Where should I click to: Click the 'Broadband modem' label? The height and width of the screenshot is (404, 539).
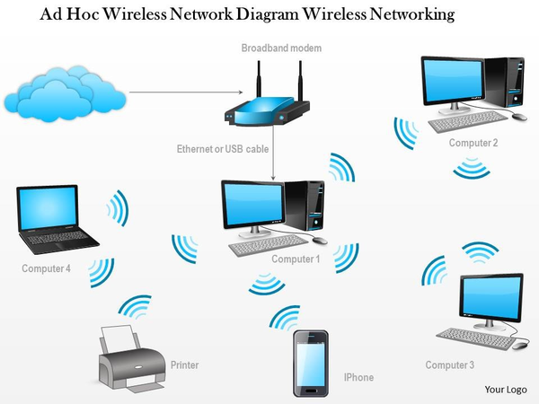(x=281, y=47)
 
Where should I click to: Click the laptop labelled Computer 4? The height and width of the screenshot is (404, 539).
(x=56, y=221)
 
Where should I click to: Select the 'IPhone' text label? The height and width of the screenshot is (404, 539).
(x=358, y=378)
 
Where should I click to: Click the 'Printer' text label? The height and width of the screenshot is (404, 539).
(x=184, y=365)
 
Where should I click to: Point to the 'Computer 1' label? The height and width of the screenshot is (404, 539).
(x=296, y=259)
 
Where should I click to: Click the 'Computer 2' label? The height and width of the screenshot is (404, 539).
(x=473, y=143)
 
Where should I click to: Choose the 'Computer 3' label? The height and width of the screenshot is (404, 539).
(x=450, y=364)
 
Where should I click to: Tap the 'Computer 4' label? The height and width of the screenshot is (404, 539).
(x=46, y=268)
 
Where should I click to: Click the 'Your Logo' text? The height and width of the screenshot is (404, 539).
(x=505, y=389)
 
